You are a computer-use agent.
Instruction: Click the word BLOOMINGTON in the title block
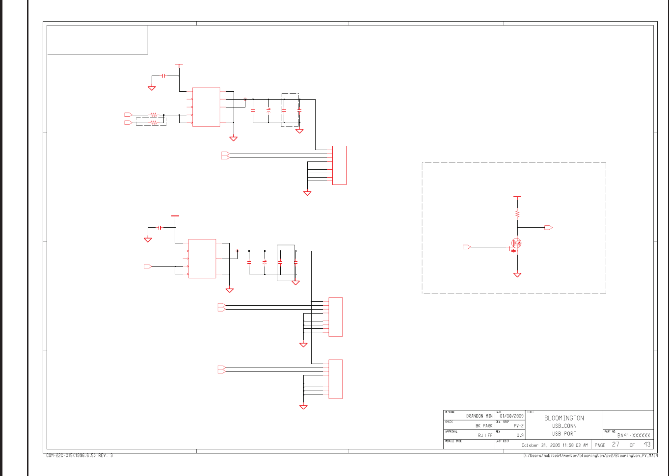564,418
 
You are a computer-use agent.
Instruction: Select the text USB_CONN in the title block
564,426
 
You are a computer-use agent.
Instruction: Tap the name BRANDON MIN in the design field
479,416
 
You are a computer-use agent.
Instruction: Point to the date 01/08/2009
511,416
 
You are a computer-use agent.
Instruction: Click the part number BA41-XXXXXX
634,435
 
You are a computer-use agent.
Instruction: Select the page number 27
615,445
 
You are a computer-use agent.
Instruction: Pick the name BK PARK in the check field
483,426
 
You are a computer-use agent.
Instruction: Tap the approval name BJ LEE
485,435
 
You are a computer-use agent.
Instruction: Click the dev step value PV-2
518,426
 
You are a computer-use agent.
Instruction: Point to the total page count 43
647,445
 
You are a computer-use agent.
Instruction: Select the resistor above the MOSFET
517,213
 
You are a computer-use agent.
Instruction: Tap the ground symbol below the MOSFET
517,275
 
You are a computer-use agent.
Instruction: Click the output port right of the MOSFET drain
548,228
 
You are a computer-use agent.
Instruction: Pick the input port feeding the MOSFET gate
467,247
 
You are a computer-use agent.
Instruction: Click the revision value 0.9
520,435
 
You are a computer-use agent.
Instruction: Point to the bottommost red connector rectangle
336,379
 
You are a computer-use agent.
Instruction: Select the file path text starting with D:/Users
590,456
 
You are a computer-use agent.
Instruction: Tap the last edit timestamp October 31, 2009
554,445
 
